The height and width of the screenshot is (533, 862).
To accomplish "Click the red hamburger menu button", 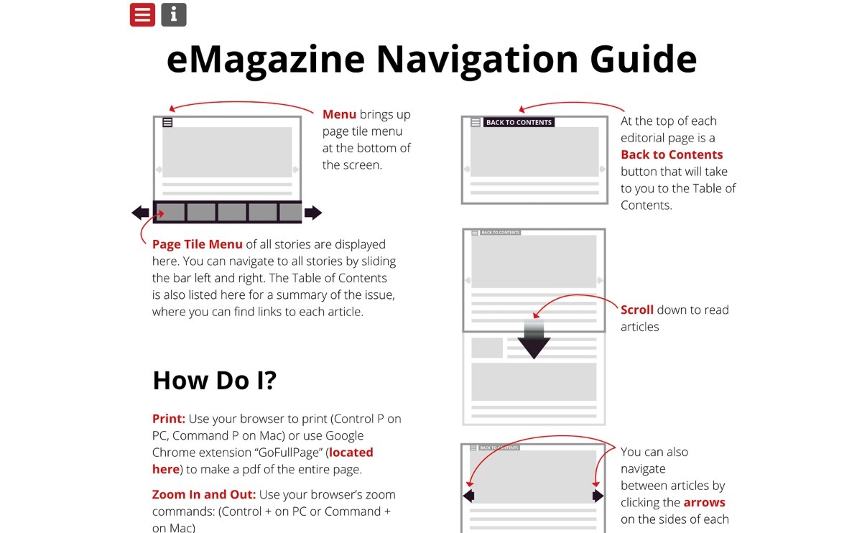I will [142, 14].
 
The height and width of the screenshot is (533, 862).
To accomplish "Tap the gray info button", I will [174, 14].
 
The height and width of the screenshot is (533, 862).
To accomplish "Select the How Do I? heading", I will [214, 381].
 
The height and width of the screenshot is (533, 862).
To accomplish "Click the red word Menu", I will [339, 114].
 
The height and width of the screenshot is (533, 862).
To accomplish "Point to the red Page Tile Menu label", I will [198, 244].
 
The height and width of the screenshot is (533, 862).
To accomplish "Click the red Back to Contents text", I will [672, 154].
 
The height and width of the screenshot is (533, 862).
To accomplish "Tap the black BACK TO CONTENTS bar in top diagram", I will [519, 123].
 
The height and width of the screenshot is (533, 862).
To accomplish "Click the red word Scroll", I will [637, 310].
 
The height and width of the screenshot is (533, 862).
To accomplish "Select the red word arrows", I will [704, 502].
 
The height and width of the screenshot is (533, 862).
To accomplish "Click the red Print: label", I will [169, 419].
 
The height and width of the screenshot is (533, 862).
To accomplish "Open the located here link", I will [351, 453].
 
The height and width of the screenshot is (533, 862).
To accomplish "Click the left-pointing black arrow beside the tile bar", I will [141, 213].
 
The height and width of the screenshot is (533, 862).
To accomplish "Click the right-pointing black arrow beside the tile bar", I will [313, 213].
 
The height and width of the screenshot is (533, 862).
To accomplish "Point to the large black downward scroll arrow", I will [534, 346].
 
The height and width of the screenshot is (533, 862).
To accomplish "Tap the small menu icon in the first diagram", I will [167, 123].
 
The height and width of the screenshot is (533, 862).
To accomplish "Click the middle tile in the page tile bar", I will [232, 212].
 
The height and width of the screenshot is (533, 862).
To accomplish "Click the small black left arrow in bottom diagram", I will [469, 496].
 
